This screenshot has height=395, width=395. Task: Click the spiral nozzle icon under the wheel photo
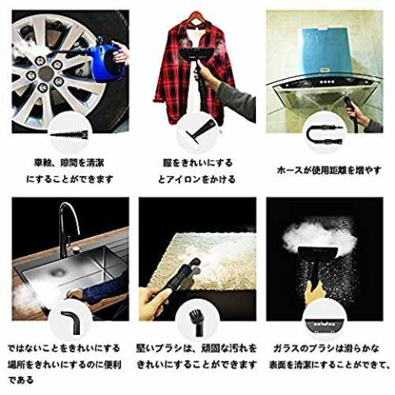coord(70,135)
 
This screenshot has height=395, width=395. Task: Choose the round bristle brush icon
coord(197,322)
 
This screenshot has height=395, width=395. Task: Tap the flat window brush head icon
coord(325,325)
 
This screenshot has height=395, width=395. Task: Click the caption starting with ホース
coord(329,170)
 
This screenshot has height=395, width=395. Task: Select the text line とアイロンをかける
coord(197,179)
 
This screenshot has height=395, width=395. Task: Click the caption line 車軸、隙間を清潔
coord(69,163)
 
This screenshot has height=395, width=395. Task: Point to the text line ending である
coord(21,380)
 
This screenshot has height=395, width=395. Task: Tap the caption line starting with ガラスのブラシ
coord(326,348)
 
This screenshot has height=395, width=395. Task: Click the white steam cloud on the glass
coord(320,235)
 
